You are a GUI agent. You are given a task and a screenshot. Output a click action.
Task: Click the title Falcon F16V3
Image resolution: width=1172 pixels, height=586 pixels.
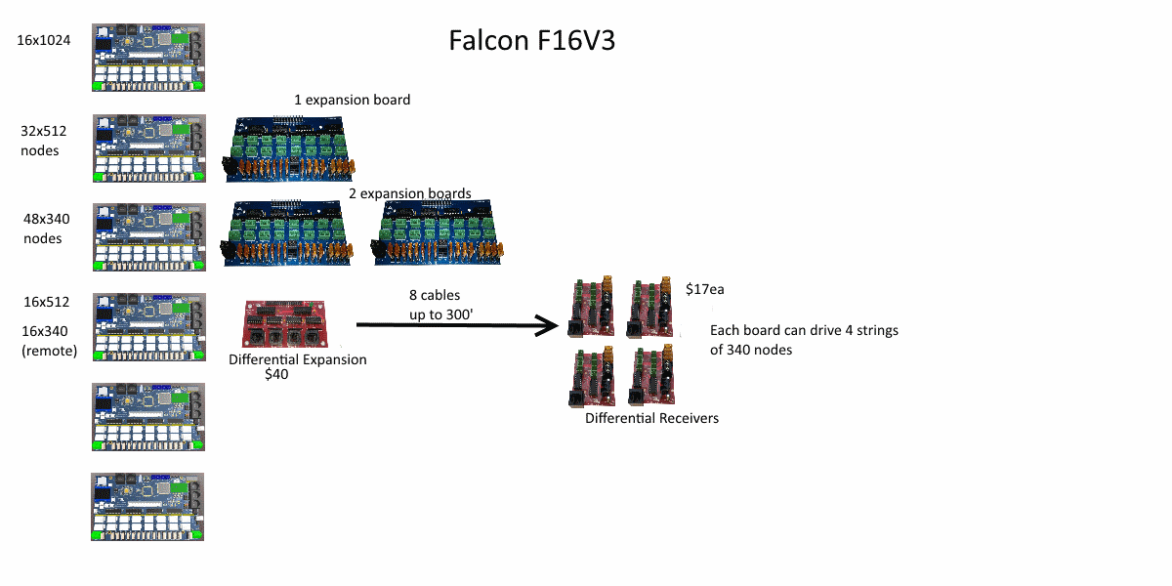pos(531,40)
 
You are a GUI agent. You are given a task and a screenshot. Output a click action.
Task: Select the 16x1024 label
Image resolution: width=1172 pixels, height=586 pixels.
pos(43,40)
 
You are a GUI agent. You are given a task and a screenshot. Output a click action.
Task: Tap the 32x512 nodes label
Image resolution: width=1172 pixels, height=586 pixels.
pos(43,141)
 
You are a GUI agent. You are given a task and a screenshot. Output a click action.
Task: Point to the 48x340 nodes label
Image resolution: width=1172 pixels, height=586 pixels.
pos(46,229)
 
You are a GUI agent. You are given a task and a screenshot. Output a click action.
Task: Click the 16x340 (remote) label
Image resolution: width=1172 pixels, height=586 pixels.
pos(49,341)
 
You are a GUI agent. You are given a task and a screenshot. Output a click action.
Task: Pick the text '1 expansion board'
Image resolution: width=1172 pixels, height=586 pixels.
pos(353,100)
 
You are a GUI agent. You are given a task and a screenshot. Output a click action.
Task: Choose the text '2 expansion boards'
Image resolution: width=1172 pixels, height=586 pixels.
pos(409,193)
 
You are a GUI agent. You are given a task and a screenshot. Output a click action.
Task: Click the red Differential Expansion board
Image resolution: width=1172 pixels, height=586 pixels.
pos(284,324)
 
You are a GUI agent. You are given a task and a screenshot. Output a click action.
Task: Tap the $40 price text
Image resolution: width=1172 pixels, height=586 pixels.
pos(276,374)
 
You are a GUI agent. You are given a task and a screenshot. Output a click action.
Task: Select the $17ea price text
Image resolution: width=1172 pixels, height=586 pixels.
pos(705,289)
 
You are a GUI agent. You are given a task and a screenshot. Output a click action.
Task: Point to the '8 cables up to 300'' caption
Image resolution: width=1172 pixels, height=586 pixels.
pos(441,305)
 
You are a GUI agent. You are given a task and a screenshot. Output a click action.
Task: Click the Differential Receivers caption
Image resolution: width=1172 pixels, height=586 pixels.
pos(651,418)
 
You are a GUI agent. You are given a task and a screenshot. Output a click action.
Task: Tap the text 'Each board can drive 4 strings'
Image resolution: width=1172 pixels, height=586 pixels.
pos(804,330)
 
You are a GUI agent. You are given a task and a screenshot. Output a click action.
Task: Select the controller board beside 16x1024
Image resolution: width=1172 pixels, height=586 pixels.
pos(148,58)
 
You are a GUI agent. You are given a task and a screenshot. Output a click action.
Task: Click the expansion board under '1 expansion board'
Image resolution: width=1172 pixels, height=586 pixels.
pos(290,149)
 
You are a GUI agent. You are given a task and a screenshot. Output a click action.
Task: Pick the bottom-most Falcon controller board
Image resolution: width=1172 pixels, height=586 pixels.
pos(147,507)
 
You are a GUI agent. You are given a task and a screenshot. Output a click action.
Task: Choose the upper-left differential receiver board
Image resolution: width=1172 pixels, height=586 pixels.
pos(591,307)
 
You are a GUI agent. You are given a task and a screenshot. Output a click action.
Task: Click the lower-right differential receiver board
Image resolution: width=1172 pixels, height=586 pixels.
pos(652,375)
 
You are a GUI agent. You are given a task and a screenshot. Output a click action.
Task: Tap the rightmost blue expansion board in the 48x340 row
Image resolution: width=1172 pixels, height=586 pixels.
pos(438,232)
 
